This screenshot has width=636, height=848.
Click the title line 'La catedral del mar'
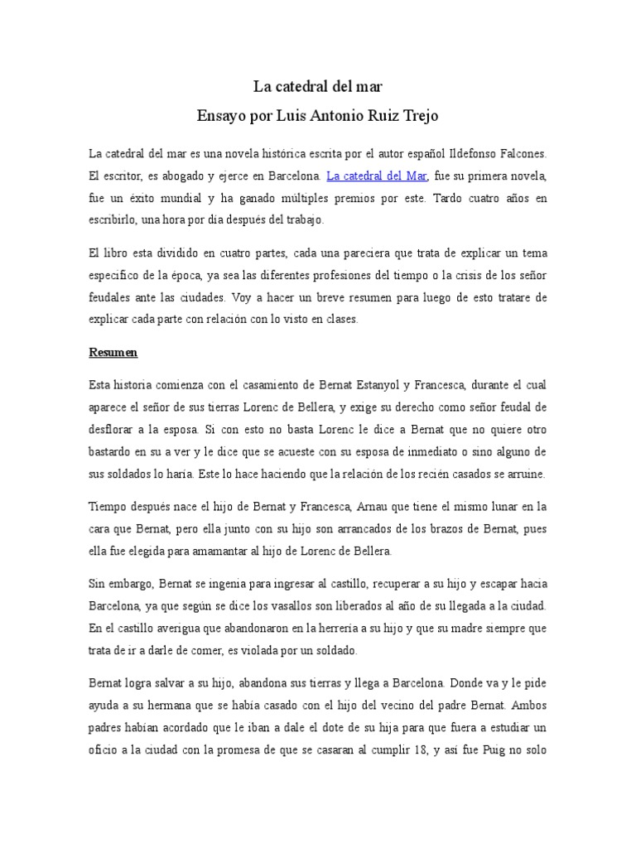point(317,85)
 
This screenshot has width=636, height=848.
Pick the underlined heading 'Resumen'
point(113,352)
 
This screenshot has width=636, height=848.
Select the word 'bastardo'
point(113,451)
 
